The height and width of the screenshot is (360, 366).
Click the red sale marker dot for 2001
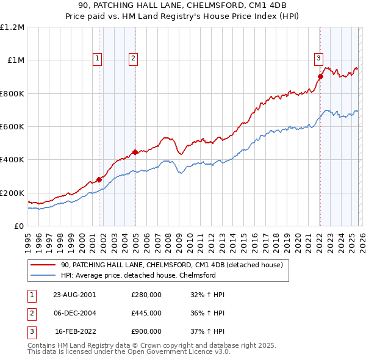point(99,179)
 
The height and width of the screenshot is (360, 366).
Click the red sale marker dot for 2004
point(135,153)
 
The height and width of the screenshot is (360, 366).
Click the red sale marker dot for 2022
point(320,76)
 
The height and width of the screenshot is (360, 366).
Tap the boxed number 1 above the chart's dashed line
point(97,59)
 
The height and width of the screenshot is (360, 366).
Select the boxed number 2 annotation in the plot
point(133,59)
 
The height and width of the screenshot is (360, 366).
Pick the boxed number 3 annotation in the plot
point(318,59)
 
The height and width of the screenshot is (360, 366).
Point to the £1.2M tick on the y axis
point(12,27)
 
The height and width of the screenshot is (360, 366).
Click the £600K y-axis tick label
point(12,127)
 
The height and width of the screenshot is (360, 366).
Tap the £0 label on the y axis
point(18,226)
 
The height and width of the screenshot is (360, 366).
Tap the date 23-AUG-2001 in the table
point(74,294)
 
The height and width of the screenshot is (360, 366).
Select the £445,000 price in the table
point(146,313)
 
